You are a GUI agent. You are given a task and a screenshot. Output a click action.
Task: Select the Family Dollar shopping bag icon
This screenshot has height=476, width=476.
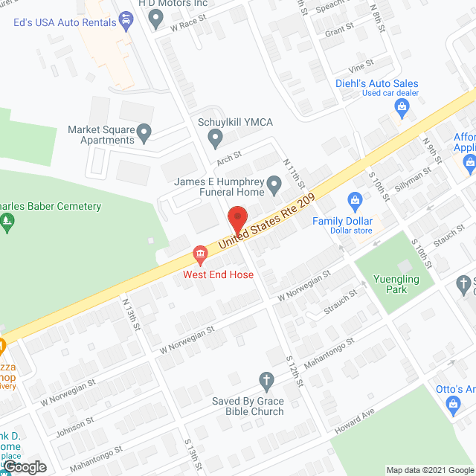(x=355, y=201)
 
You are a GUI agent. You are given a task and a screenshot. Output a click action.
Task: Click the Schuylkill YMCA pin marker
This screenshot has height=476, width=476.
(x=215, y=137)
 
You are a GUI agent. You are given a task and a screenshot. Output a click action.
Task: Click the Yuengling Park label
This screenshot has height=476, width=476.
(x=391, y=284)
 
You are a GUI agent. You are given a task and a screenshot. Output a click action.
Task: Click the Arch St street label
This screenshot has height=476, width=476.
(x=229, y=156)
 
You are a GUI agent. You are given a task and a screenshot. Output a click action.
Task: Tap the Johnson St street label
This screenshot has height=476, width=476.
(x=74, y=422)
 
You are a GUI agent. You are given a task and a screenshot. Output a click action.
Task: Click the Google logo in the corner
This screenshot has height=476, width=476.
(x=24, y=466)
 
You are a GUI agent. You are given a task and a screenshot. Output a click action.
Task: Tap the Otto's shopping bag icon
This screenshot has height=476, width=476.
(x=451, y=405)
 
